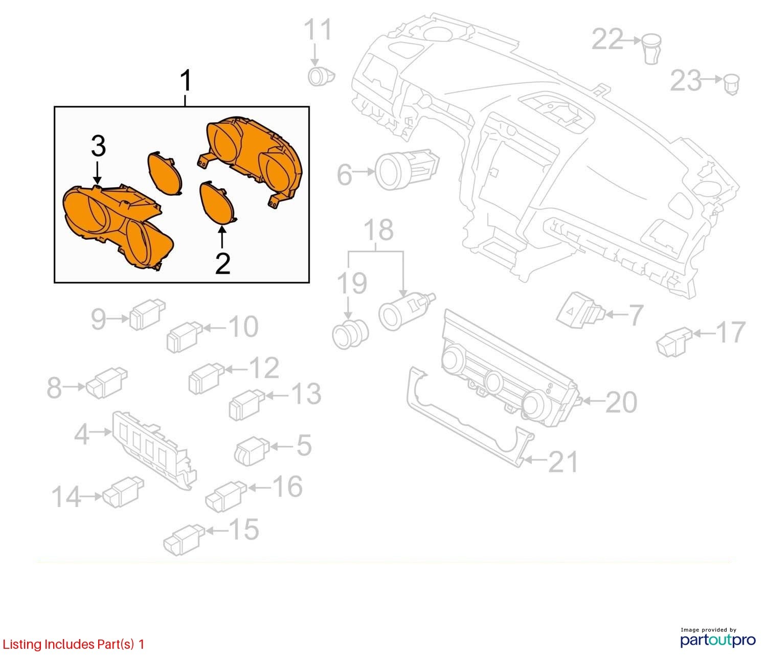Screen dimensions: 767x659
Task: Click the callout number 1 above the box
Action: click(186, 80)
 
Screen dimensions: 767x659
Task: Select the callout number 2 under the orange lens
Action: click(222, 264)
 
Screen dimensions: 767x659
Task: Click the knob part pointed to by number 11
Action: click(321, 77)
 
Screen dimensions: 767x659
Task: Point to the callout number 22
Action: click(607, 39)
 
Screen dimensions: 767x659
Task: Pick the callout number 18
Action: click(378, 230)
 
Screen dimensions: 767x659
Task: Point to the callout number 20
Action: click(621, 402)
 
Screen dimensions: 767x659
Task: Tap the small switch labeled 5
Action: click(252, 451)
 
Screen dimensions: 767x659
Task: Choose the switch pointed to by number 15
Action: click(184, 539)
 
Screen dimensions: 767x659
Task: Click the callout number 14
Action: click(66, 496)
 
